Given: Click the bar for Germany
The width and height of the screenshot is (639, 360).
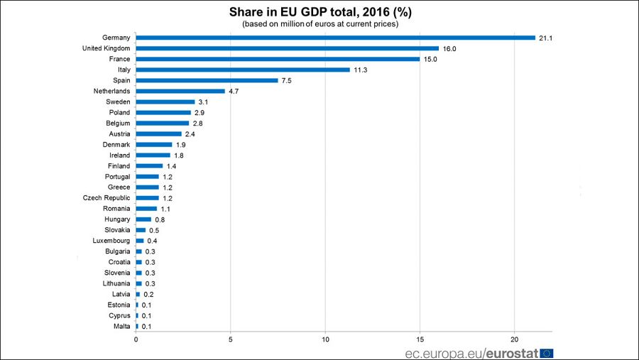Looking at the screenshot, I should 335,38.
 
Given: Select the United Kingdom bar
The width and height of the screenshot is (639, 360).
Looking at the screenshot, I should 287,48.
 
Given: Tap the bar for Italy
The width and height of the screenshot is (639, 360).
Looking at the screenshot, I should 243,70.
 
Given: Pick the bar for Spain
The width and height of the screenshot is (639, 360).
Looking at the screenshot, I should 207,80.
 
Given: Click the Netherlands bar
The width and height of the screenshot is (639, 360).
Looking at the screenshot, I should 180,91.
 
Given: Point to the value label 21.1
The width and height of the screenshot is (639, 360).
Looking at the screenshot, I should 545,38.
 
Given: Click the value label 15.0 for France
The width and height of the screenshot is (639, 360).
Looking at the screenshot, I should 430,59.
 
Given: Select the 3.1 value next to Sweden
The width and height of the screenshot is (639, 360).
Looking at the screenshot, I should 204,102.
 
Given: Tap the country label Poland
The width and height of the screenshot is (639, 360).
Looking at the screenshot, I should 119,112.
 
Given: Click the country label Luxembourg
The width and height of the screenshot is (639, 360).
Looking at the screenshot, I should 111,241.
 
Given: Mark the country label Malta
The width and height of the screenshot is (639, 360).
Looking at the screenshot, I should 121,327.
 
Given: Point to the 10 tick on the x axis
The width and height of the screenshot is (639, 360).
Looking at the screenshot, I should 325,339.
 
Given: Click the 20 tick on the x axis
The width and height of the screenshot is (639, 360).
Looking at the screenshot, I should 515,339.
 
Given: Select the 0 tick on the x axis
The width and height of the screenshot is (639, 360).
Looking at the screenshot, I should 136,339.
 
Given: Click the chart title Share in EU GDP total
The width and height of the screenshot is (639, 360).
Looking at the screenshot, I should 319,12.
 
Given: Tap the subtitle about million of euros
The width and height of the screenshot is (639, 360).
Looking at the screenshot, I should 319,24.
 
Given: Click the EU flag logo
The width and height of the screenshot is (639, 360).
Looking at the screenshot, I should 546,352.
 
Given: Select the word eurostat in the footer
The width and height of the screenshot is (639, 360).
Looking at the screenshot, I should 511,352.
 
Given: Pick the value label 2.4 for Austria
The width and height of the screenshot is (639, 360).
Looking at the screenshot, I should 190,133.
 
